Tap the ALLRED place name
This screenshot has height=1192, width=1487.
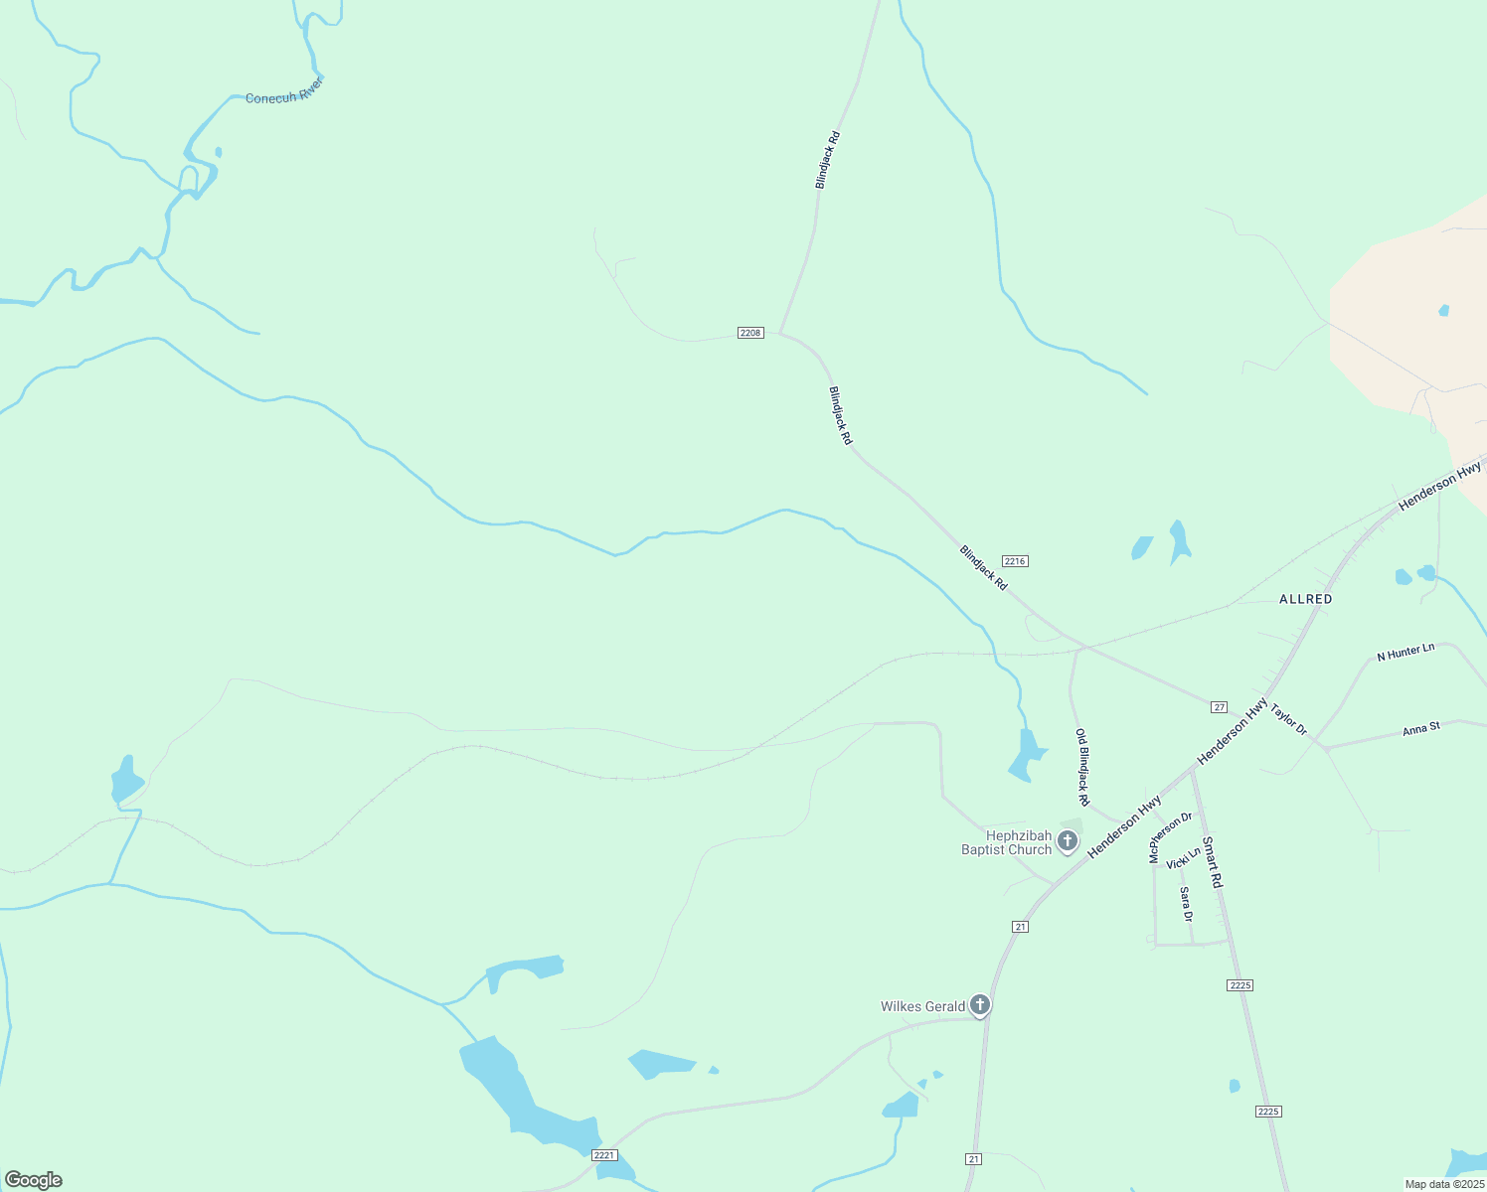[1305, 599]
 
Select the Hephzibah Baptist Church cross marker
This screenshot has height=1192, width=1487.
[1068, 842]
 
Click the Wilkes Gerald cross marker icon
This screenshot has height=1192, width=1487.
[980, 1006]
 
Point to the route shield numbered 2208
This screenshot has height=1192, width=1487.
[750, 333]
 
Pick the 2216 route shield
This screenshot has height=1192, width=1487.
[1015, 561]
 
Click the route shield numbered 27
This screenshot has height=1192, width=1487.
[1219, 707]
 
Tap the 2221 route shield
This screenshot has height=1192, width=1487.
[604, 1154]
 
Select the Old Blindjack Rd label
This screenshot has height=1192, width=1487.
[1082, 767]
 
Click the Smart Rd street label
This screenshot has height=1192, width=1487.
[1212, 862]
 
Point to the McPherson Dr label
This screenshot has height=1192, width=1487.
[1170, 837]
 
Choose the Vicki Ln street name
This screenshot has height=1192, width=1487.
[1183, 858]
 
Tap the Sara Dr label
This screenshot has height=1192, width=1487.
[1185, 904]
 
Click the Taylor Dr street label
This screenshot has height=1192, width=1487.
[1288, 721]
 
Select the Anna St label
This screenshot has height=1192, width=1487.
[1420, 729]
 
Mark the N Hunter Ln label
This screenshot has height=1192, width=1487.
[1405, 652]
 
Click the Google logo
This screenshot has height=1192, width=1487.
[33, 1180]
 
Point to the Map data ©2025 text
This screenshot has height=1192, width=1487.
[1443, 1184]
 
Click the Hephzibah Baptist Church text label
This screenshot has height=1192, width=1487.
[1006, 842]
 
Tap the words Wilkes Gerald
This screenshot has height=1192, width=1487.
[922, 1006]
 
